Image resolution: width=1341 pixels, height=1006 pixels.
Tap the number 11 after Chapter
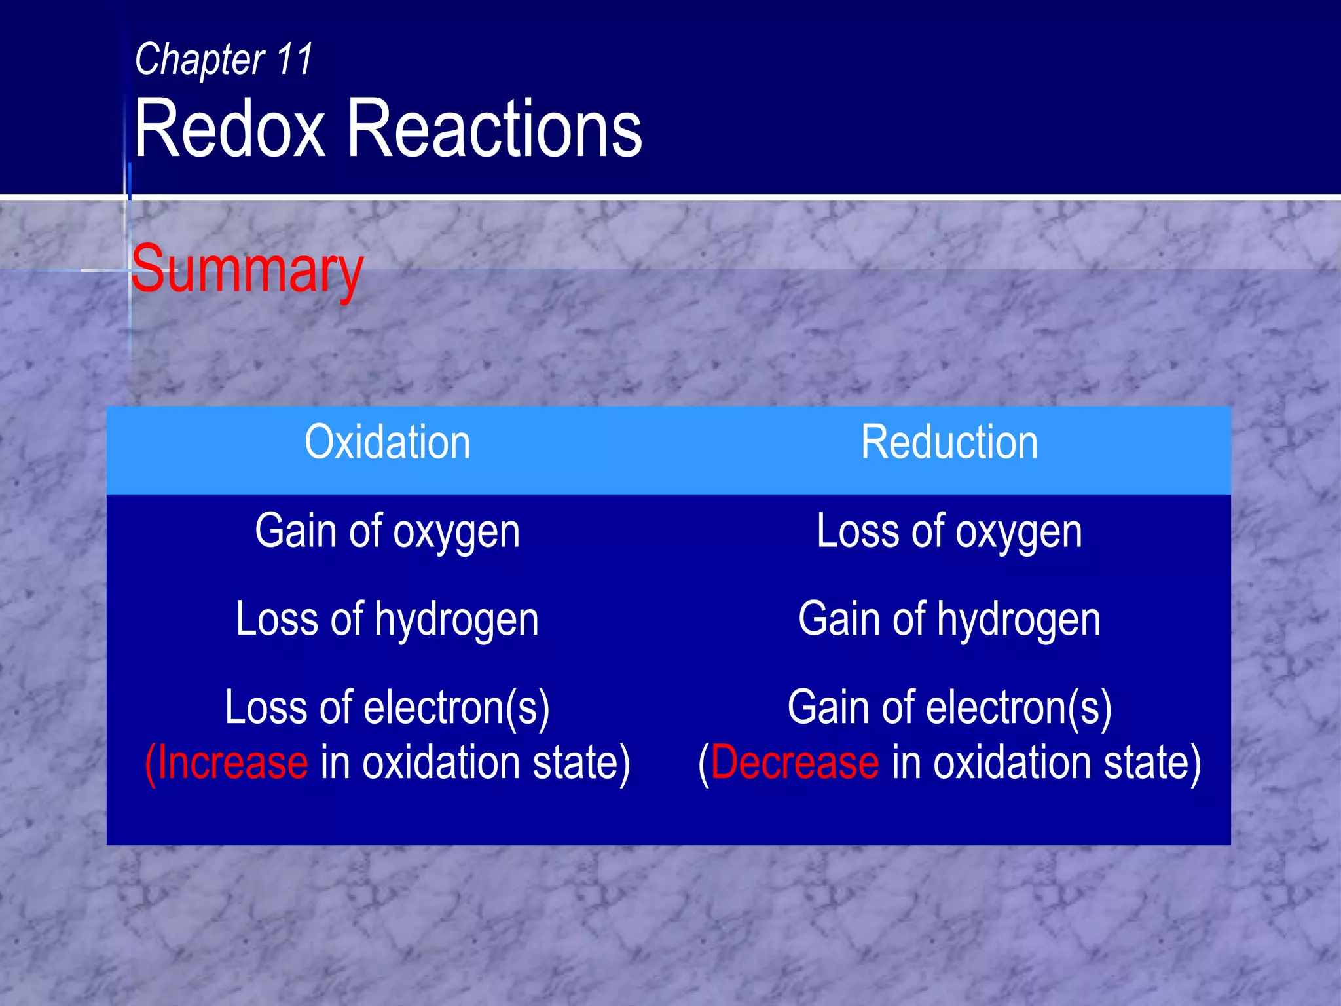point(295,59)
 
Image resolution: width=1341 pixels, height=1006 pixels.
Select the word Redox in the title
point(229,128)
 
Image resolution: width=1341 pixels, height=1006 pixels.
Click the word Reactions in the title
point(494,128)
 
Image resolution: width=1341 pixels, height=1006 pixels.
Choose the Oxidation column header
point(387,443)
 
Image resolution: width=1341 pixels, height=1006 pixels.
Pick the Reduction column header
point(949,443)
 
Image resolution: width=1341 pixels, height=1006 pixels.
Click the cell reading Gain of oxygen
point(387,532)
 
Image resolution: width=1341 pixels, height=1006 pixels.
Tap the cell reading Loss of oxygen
point(949,532)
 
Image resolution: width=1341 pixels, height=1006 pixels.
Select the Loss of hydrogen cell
point(387,620)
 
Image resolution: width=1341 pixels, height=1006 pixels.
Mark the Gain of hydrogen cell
point(949,620)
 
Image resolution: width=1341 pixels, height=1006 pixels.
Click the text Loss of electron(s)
point(387,709)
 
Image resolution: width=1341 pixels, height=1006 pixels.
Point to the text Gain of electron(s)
point(949,709)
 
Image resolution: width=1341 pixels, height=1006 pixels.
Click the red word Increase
point(232,763)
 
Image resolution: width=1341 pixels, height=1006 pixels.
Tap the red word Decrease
point(794,763)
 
